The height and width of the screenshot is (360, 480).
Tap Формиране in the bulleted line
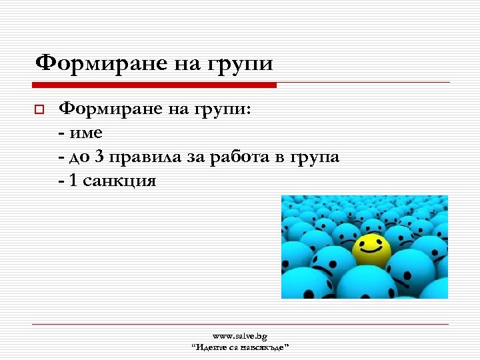[109, 110]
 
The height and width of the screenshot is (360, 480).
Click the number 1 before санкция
[73, 180]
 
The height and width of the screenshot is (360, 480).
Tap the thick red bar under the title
[155, 85]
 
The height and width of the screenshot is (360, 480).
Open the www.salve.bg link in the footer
[240, 337]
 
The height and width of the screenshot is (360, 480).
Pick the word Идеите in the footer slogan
[211, 347]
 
